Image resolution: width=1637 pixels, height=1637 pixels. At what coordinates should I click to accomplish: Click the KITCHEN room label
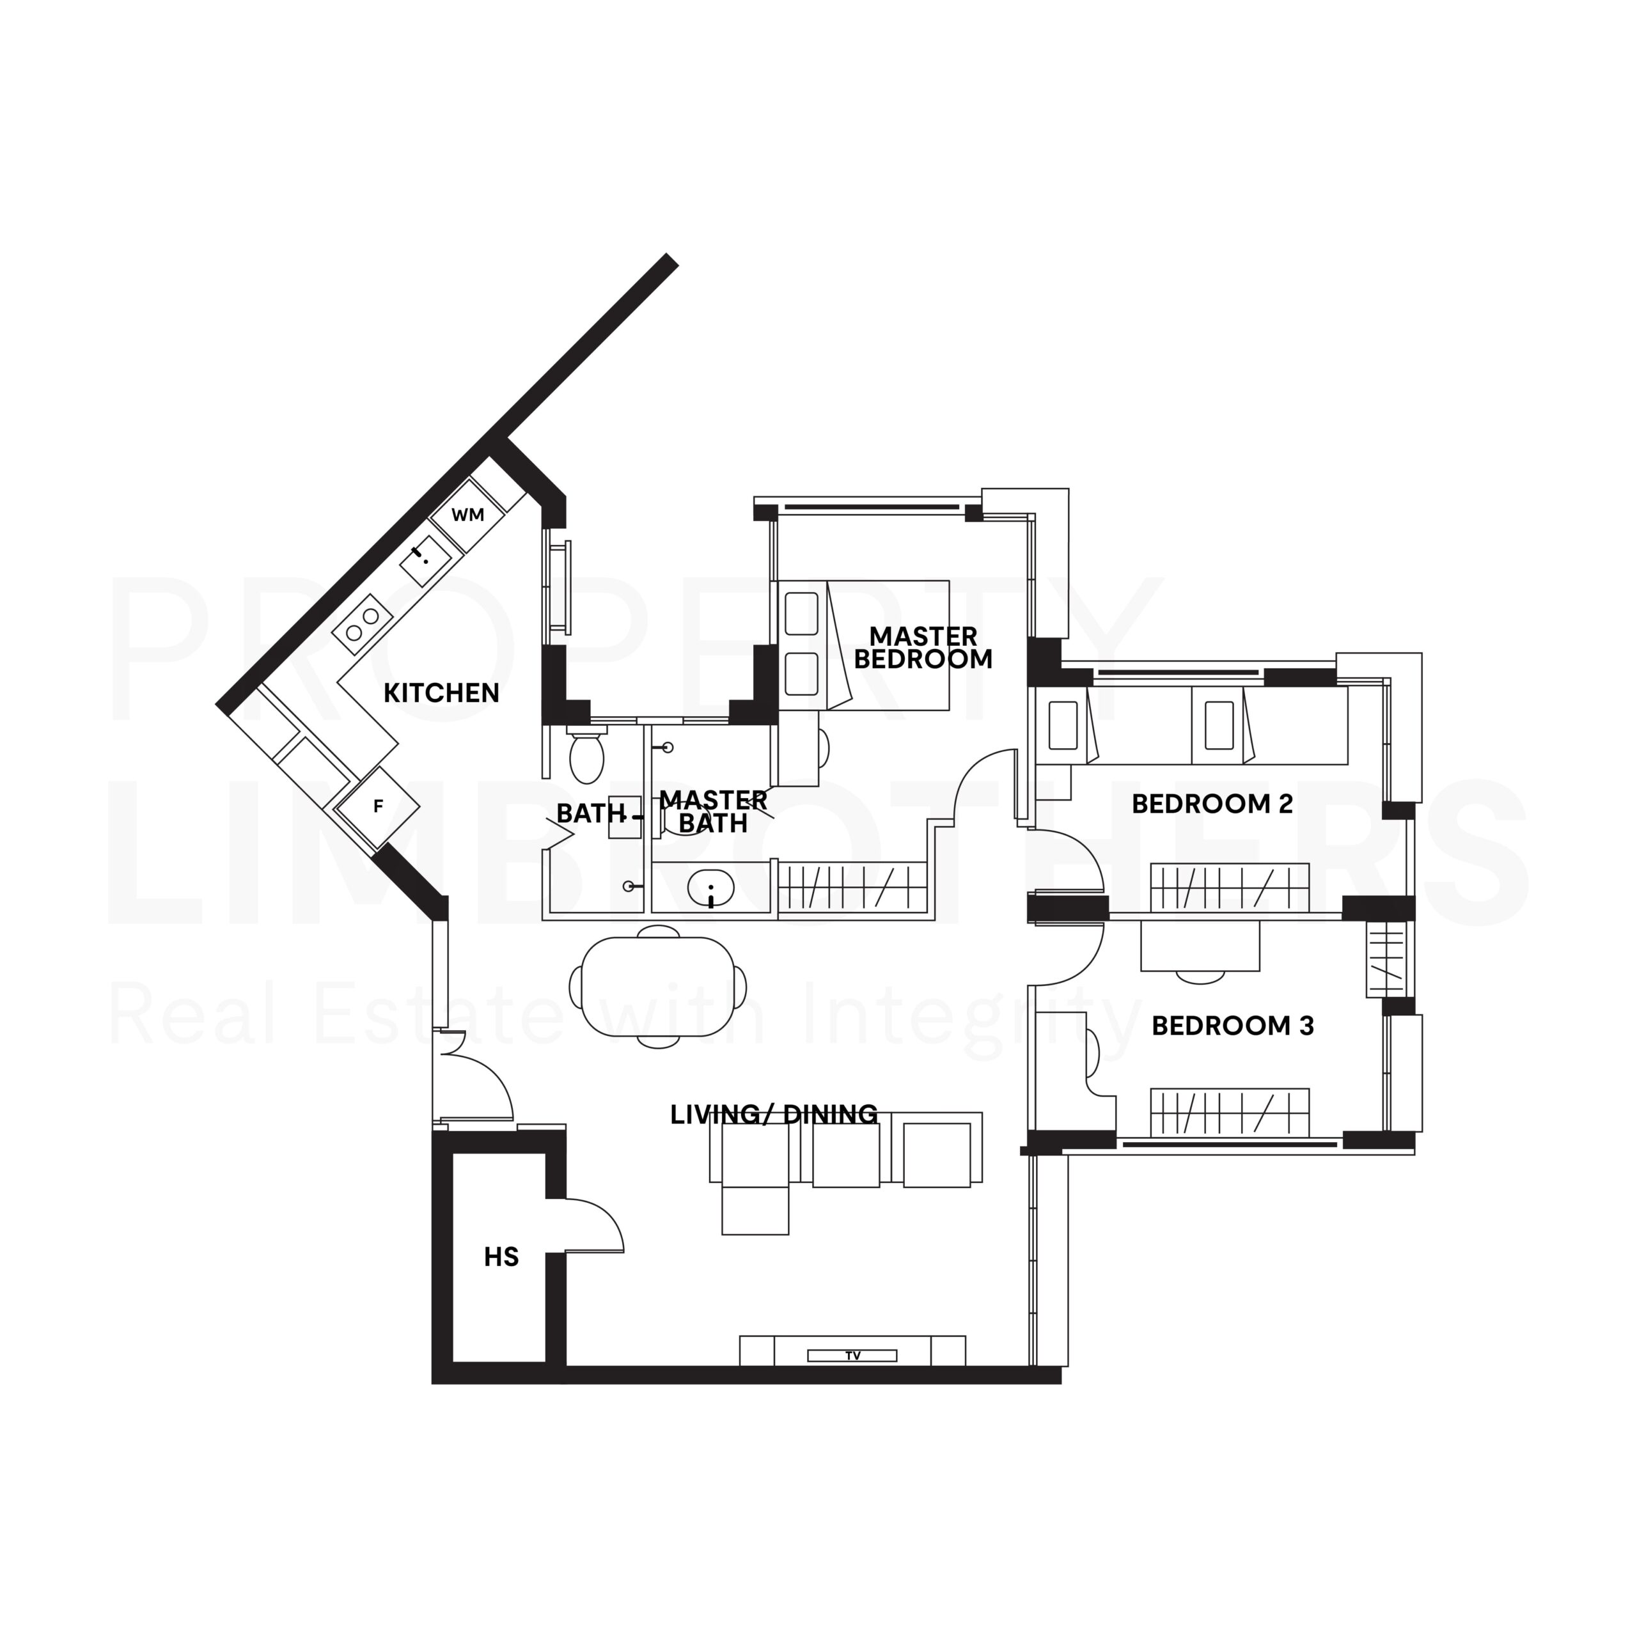tap(441, 693)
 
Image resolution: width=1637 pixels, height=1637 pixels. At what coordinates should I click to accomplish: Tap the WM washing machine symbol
tap(467, 514)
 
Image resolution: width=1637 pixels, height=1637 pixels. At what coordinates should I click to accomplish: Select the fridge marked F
tap(378, 806)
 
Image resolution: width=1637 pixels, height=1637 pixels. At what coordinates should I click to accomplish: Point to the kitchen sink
tap(425, 560)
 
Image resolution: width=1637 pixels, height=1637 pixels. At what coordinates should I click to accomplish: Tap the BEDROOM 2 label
tap(1212, 803)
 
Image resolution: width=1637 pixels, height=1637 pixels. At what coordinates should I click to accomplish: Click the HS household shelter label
tap(501, 1257)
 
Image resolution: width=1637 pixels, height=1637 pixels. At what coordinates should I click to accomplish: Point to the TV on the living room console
tap(852, 1356)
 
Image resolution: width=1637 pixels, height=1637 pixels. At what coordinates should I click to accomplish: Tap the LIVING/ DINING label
tap(774, 1115)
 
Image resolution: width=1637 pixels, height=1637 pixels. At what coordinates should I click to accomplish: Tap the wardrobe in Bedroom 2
tap(1230, 889)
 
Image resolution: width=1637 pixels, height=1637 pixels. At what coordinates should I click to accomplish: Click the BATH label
tap(591, 813)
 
